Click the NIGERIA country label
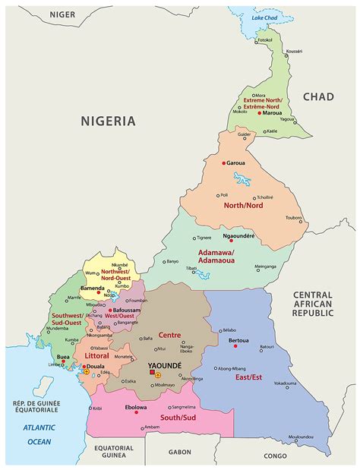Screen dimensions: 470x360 pos(109,121)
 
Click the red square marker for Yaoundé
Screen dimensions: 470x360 pos(151,374)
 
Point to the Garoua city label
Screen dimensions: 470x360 pos(236,163)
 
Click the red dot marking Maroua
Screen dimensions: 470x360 pos(260,113)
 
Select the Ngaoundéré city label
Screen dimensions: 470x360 pos(238,236)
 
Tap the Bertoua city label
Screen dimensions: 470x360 pos(239,340)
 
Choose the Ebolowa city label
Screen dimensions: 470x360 pos(137,407)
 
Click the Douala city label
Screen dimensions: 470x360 pos(95,365)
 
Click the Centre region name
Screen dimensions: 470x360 pos(171,334)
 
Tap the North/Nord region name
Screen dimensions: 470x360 pos(238,205)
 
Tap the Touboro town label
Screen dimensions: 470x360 pos(294,218)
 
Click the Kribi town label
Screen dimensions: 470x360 pos(97,408)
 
